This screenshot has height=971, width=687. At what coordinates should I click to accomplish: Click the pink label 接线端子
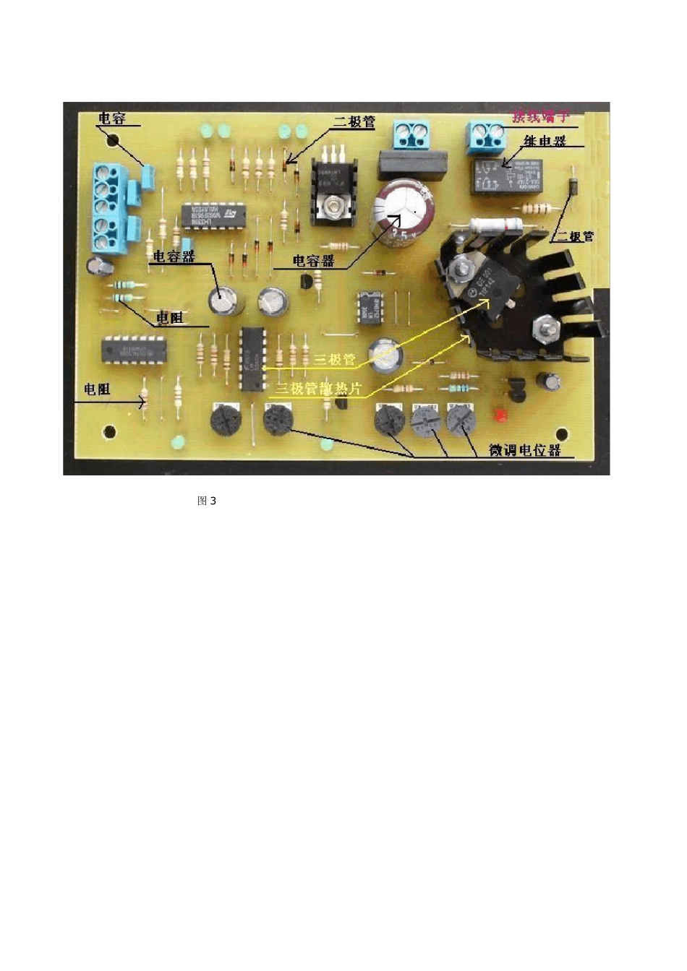point(541,116)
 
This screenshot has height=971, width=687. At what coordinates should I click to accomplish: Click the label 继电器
point(545,142)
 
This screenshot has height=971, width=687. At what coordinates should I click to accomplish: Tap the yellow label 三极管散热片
point(318,389)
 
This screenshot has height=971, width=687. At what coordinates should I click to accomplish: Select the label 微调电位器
point(525,450)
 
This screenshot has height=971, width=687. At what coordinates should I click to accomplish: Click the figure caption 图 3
point(207,501)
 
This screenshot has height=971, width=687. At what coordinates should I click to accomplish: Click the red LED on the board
point(499,415)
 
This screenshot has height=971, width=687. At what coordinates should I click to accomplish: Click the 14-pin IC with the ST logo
point(215,215)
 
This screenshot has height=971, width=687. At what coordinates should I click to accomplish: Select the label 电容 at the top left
point(112,118)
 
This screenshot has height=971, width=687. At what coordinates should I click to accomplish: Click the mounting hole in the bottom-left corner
point(110,433)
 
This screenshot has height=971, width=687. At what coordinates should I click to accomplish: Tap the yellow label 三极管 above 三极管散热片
point(335,360)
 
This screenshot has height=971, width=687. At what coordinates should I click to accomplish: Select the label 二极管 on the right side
point(574,236)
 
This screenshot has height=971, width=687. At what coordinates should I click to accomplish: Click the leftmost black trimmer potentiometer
point(224,420)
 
